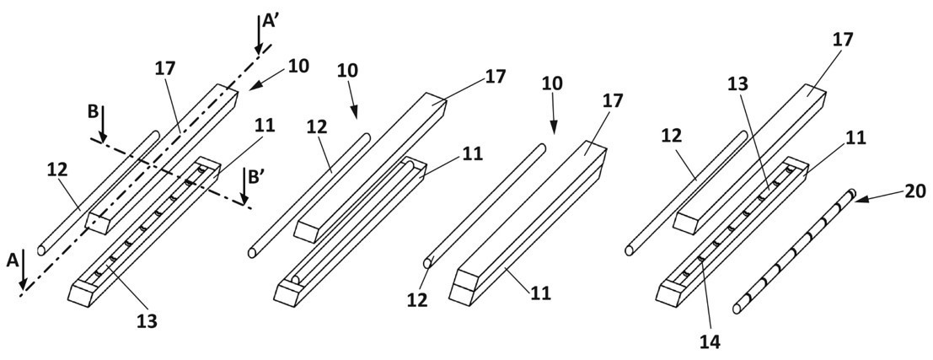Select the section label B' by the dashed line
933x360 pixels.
tap(255, 178)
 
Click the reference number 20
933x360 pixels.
tap(914, 192)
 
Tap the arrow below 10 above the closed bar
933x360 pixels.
tap(554, 122)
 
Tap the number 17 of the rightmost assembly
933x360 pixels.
tap(842, 40)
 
